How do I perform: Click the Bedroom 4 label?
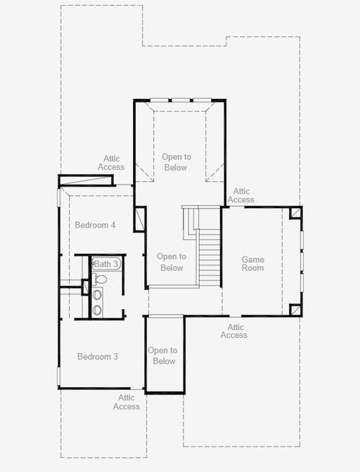point(95,225)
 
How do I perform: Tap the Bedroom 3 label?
point(98,356)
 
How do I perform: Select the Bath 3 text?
point(106,264)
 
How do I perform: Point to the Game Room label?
point(252,263)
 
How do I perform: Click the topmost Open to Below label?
point(176,162)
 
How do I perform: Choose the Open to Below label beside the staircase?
point(172,262)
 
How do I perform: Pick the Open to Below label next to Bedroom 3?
point(162,355)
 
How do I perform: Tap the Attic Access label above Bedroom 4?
point(111,162)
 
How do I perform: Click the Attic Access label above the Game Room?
point(241,195)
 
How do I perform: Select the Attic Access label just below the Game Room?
point(233,331)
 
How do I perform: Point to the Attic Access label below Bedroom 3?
point(127,402)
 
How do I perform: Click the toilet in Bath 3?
point(100,279)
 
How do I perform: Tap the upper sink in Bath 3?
point(97,294)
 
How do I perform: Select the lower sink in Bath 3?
point(97,310)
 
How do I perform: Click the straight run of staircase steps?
point(210,257)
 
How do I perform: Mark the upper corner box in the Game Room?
point(295,213)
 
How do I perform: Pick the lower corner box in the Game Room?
point(295,310)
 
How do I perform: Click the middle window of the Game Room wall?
point(302,261)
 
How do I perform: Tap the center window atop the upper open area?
point(181,100)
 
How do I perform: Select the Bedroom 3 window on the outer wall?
point(59,376)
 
